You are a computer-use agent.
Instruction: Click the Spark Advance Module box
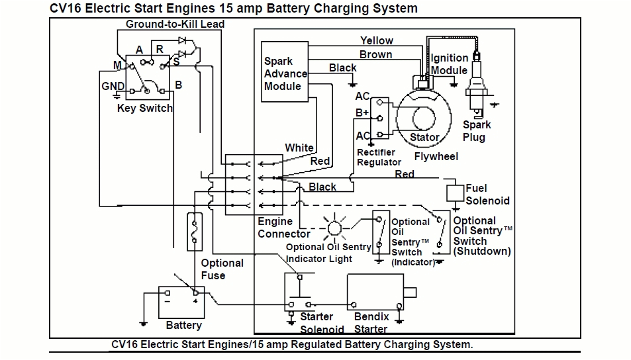(285, 73)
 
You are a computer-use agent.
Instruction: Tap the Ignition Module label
(450, 64)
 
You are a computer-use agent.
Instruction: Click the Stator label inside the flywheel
(424, 138)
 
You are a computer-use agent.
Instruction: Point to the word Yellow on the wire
(376, 41)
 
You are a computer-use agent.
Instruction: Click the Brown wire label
(375, 54)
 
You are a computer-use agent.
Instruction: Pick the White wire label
(299, 148)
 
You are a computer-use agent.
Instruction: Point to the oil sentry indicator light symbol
(335, 228)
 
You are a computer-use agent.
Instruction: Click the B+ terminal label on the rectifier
(362, 113)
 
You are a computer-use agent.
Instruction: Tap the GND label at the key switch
(113, 87)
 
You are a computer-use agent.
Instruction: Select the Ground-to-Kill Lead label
(175, 24)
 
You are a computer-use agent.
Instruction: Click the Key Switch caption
(144, 108)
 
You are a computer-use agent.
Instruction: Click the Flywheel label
(436, 156)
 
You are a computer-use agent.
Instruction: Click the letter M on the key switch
(117, 65)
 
